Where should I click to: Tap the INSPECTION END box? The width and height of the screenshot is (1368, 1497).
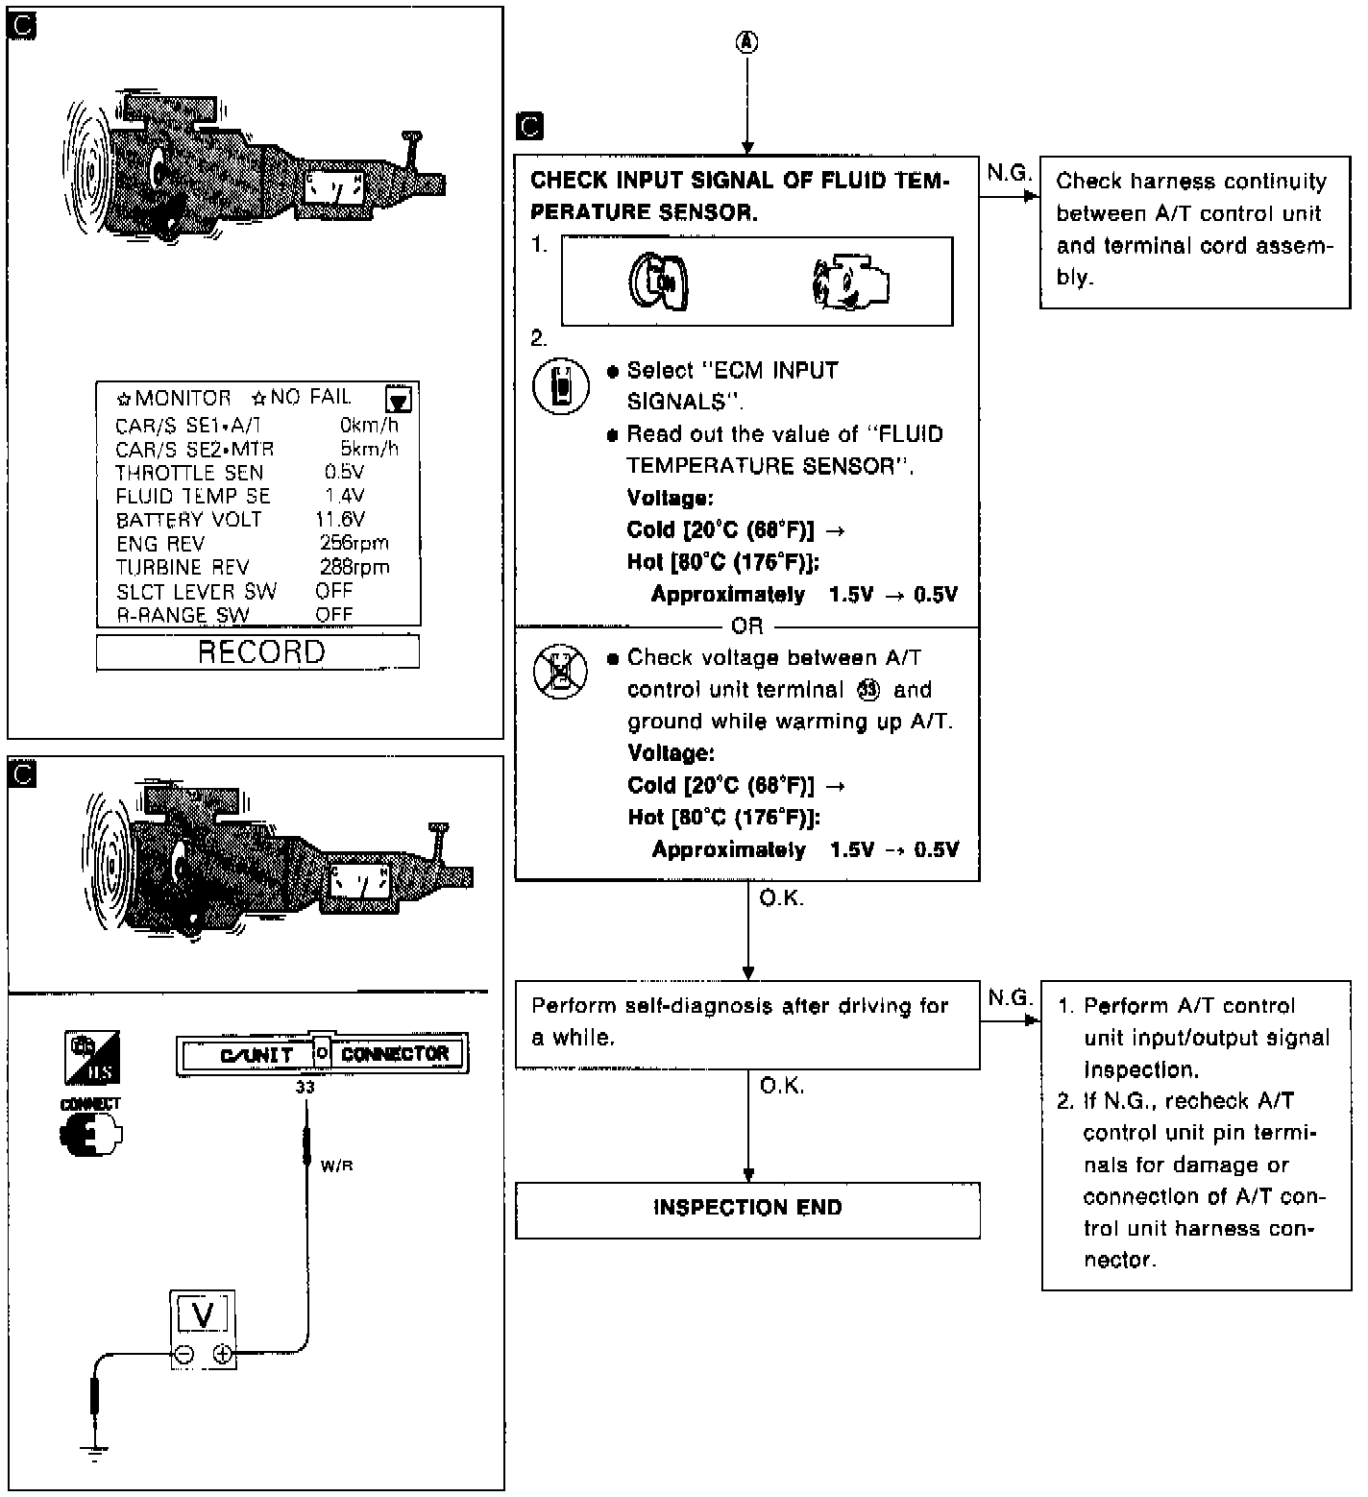tap(747, 1209)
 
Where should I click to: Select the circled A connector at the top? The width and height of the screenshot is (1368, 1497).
tap(747, 42)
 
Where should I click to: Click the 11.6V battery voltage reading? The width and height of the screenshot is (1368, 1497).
tap(340, 520)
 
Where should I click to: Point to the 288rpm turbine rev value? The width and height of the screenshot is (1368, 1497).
tap(354, 567)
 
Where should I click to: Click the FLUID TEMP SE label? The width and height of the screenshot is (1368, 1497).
tap(192, 497)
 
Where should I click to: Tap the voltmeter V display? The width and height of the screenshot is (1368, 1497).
tap(203, 1315)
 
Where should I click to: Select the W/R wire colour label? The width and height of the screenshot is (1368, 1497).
tap(336, 1166)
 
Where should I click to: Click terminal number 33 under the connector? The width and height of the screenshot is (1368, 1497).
tap(305, 1088)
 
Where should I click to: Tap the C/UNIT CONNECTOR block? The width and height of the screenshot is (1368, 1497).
tap(322, 1054)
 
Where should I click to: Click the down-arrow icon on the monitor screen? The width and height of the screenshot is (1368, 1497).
tap(398, 399)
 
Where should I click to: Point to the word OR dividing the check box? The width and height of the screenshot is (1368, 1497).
tap(747, 626)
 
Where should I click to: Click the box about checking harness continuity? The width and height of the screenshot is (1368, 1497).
tap(1194, 231)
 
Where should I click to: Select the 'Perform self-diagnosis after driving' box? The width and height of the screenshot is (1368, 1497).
tap(747, 1023)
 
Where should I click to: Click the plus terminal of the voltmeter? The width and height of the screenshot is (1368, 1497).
tap(223, 1354)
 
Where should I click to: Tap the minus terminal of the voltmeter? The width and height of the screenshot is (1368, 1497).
tap(183, 1354)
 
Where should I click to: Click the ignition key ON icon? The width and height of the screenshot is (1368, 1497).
tap(660, 282)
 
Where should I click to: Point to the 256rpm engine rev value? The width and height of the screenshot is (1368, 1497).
tap(354, 543)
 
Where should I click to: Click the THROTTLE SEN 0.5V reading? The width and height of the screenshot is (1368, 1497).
tap(344, 473)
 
